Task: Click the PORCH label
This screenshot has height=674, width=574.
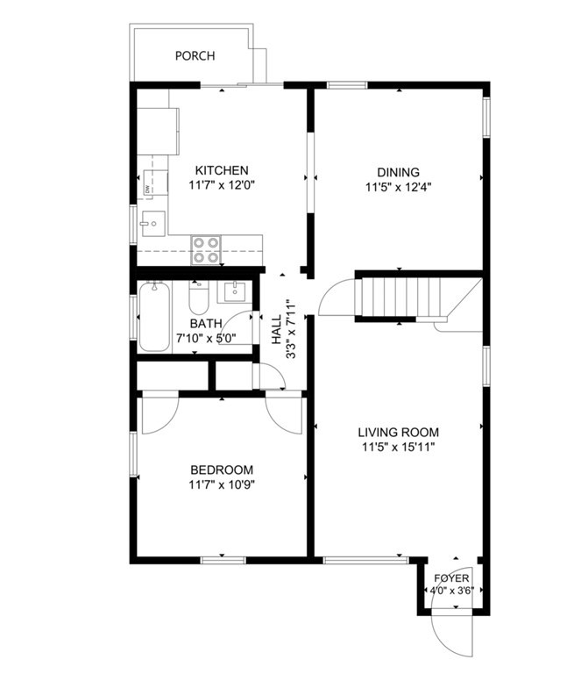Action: [x=195, y=56]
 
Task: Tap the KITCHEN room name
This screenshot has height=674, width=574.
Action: [x=222, y=170]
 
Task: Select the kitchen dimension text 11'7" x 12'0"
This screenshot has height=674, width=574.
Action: [x=222, y=185]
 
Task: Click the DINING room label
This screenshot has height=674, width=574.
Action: [x=398, y=172]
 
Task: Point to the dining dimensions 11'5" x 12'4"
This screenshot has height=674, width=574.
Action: [x=398, y=186]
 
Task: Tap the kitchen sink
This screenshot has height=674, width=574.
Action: [x=151, y=225]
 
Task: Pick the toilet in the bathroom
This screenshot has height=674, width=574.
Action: [x=198, y=300]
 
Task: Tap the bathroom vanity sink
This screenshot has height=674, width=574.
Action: [x=234, y=291]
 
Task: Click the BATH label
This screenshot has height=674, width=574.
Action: [x=206, y=323]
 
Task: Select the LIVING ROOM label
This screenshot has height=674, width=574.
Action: [x=398, y=432]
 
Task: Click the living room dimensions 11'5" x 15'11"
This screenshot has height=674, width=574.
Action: [x=398, y=447]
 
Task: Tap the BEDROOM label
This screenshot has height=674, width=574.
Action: [x=221, y=470]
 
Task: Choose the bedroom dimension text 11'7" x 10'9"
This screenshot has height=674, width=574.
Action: [x=221, y=484]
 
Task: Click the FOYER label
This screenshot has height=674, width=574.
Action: [x=452, y=578]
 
